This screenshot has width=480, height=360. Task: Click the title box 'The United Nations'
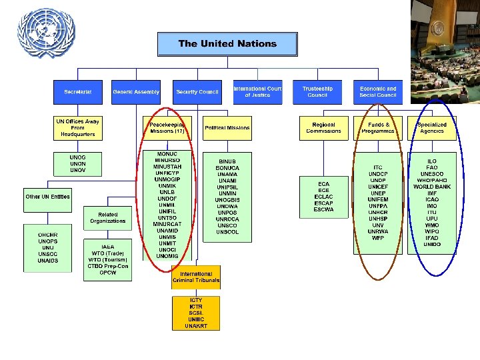coord(227,44)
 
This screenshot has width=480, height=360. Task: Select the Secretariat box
coord(78,91)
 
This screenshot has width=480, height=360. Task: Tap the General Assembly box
coord(136,91)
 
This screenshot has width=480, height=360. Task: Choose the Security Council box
coord(197,91)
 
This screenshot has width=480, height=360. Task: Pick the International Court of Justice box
coord(257,91)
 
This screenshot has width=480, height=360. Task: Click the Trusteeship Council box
coord(317,91)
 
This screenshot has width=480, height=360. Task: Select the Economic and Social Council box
coord(378,91)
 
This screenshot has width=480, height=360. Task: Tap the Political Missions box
coord(227,128)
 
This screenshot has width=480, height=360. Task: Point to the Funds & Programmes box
coord(378,128)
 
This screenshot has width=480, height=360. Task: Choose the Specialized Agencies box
coord(432,128)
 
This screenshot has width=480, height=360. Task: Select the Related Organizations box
coord(108,217)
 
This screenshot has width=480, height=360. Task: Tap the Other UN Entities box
coord(47,197)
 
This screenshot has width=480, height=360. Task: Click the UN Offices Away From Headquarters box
coord(77,128)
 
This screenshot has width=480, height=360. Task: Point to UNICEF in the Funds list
coord(378,187)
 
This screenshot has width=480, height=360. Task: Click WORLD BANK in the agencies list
coord(432,187)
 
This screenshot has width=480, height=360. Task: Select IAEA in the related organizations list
coord(107,247)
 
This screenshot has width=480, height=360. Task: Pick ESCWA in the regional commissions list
coord(323,210)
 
